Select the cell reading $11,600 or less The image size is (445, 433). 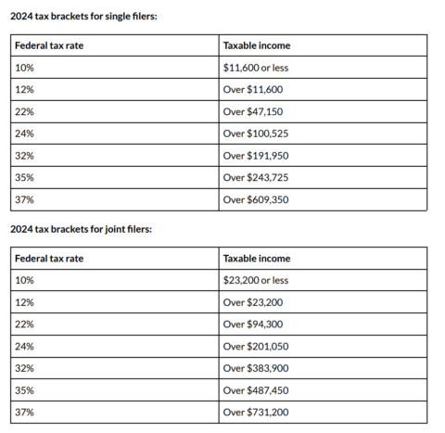(x=257, y=68)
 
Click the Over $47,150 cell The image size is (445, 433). (x=250, y=111)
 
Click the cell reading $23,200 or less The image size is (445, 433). (x=257, y=279)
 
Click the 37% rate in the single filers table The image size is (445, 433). (x=25, y=199)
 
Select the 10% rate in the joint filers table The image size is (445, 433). (x=25, y=279)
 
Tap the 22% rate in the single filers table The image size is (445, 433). (x=25, y=111)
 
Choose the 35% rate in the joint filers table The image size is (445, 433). (x=25, y=389)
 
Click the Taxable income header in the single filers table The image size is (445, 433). (x=257, y=45)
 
